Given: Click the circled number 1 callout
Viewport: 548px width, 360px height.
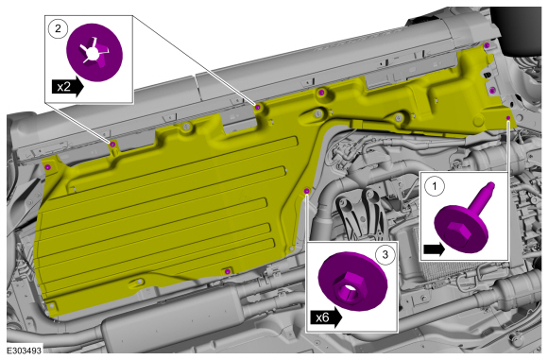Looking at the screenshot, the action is (x=435, y=186).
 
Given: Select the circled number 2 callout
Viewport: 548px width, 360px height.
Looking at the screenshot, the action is (x=58, y=28).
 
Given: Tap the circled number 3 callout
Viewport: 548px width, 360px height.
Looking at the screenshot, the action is (x=385, y=254).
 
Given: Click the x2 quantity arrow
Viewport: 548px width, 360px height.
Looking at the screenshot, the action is (x=68, y=87).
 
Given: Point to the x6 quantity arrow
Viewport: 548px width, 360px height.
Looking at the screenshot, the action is (x=326, y=317).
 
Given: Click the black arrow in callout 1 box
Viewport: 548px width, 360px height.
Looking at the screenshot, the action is (x=434, y=249).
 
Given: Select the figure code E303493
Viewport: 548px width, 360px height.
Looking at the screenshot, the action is (x=25, y=351).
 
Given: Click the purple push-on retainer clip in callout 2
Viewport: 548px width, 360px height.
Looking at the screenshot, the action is (x=94, y=52).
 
